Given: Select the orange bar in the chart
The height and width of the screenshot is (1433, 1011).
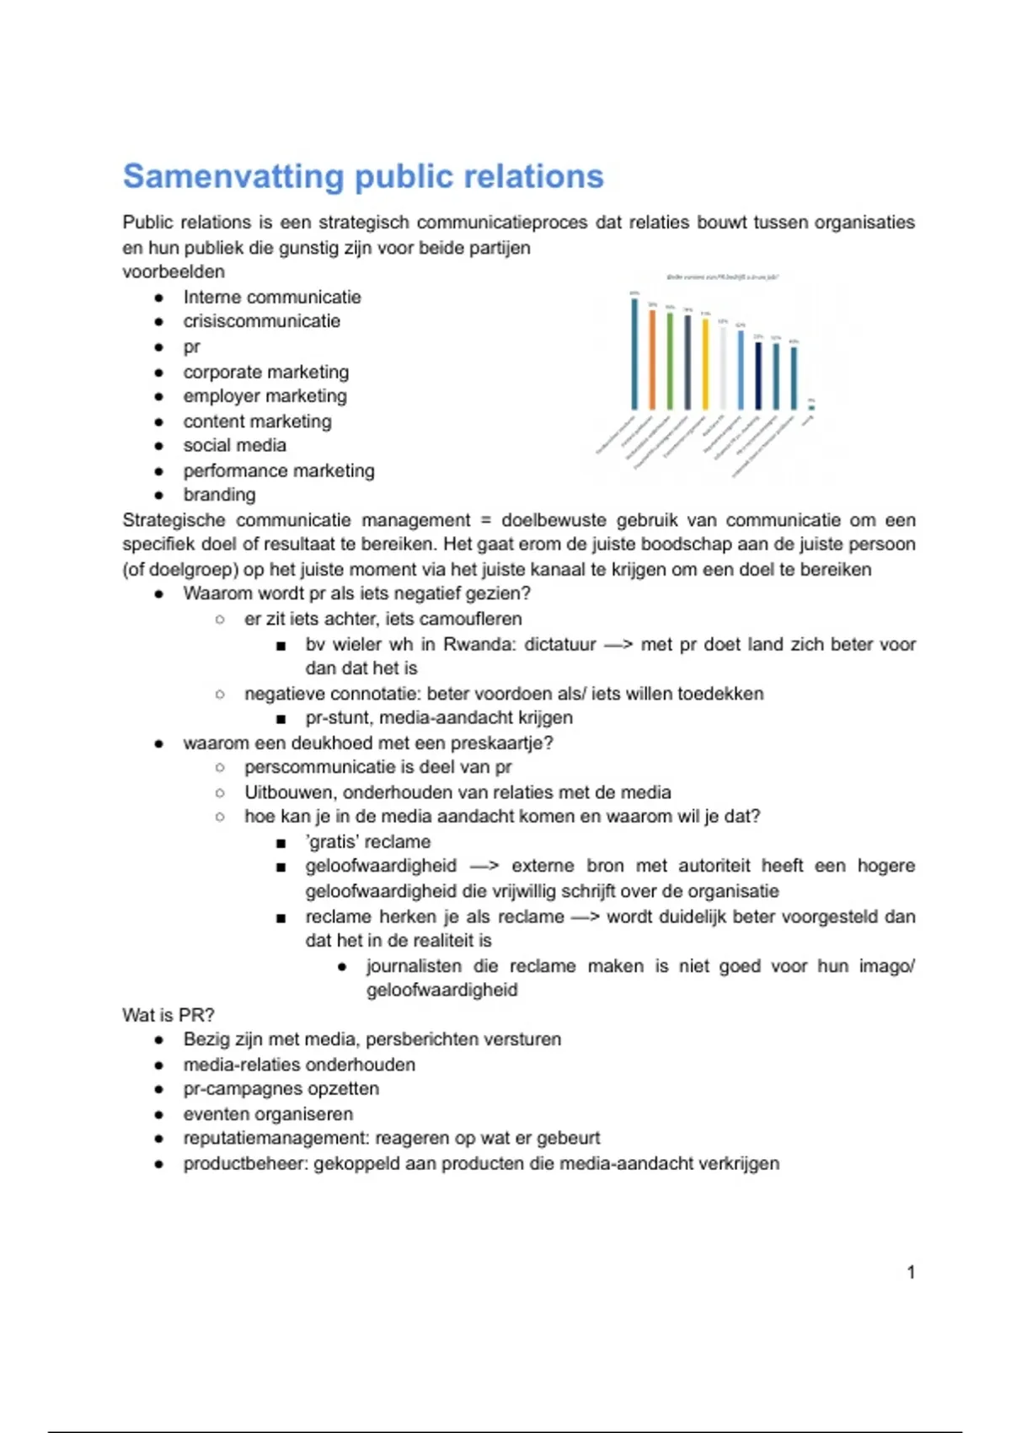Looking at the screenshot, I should (652, 359).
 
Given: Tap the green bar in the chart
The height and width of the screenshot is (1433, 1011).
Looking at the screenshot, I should (670, 361).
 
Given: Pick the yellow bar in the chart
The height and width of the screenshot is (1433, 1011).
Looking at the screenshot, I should (705, 363).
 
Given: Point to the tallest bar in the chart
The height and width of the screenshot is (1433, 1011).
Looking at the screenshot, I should (634, 353).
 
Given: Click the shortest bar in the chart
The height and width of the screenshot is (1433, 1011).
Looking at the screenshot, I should (811, 405).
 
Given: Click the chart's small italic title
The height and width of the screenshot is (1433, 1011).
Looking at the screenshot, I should (723, 276).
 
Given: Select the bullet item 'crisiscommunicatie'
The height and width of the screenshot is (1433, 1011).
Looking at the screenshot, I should (262, 321).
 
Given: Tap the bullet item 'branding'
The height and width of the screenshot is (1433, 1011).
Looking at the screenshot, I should (219, 495).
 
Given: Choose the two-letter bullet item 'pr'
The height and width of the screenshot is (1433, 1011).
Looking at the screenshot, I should (192, 346).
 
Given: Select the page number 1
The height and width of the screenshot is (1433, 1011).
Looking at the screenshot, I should (911, 1272).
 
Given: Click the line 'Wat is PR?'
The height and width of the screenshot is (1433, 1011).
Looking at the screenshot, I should (168, 1015).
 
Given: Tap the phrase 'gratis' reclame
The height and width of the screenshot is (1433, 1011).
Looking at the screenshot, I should (368, 841).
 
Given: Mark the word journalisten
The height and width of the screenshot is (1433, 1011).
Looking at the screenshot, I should (414, 966).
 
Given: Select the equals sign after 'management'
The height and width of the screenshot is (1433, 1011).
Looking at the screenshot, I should (485, 520).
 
